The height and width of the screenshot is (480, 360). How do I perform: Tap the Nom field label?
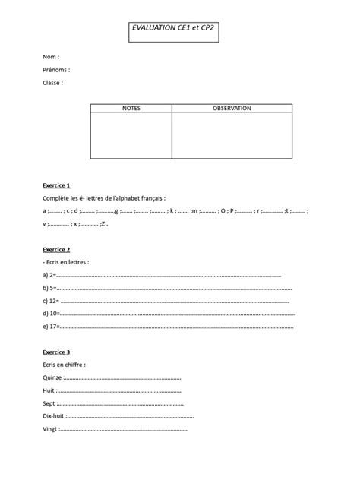51,57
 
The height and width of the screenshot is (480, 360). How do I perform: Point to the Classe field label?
53,83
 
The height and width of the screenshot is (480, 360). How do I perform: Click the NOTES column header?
131,109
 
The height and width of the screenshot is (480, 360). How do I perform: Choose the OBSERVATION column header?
232,109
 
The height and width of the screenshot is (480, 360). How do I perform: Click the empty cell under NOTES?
131,135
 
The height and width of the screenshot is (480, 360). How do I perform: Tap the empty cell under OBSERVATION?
232,135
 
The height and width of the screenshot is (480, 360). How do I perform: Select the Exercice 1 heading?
58,185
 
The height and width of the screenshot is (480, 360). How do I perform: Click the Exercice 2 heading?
58,249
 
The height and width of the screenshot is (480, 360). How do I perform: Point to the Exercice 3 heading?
58,352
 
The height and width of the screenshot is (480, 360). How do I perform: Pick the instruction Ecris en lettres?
67,262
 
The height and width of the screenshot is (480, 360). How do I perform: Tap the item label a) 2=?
50,275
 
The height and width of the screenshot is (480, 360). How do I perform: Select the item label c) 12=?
52,301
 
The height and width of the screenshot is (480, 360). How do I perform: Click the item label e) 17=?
52,327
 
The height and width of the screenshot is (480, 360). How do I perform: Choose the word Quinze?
54,377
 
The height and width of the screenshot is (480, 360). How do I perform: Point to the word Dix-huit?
55,416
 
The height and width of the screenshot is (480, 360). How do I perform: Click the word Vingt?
51,429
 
